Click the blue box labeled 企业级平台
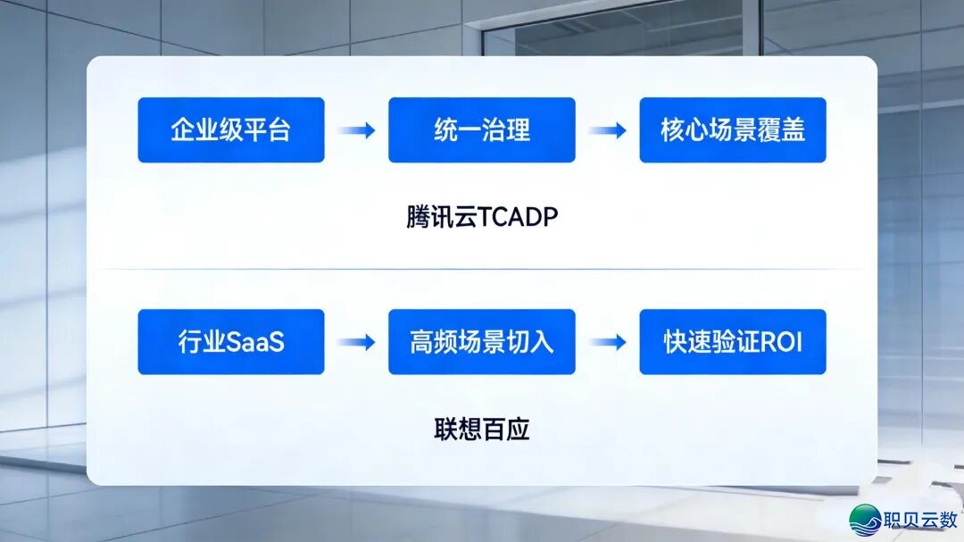(x=231, y=129)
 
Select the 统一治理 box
(x=482, y=129)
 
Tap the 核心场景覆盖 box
(x=733, y=129)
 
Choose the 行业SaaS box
(x=231, y=341)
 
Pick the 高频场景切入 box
(x=482, y=341)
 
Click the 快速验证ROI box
(x=733, y=341)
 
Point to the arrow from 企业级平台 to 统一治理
(x=356, y=129)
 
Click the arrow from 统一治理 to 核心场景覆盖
(x=608, y=129)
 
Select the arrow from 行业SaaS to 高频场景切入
(x=356, y=341)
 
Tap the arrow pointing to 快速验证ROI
(x=608, y=341)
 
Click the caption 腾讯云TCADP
(x=482, y=217)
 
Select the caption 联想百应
(x=482, y=429)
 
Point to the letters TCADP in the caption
(x=518, y=217)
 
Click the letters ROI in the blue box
(x=781, y=342)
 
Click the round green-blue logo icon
(x=865, y=520)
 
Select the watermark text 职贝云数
(x=920, y=520)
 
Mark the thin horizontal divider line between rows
(x=482, y=269)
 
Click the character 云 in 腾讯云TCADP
(x=465, y=217)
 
